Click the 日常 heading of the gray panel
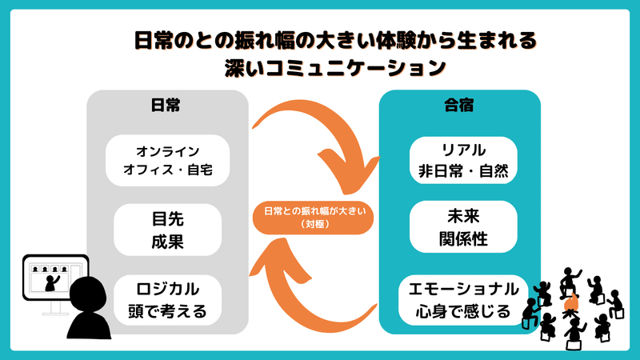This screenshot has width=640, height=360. [166, 105]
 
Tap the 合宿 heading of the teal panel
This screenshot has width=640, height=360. [458, 105]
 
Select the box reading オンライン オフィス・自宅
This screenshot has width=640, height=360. [168, 161]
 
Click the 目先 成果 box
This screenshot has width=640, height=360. [168, 230]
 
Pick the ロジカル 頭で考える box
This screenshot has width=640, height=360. [168, 300]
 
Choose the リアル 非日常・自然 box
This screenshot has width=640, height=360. [463, 161]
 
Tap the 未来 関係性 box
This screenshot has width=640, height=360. [463, 227]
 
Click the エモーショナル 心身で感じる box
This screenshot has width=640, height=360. [463, 300]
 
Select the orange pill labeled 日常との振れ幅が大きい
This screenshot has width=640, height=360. [313, 218]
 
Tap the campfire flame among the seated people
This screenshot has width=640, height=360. [570, 303]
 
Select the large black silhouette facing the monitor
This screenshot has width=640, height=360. [88, 308]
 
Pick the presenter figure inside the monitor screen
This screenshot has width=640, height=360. [51, 283]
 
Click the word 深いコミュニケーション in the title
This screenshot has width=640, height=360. [334, 68]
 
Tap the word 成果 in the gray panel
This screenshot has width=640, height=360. [168, 242]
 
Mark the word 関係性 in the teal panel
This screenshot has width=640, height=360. [463, 239]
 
